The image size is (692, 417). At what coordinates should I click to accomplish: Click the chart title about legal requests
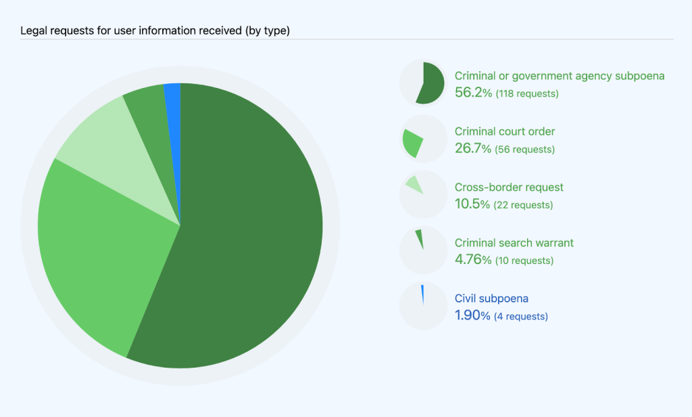coord(155,30)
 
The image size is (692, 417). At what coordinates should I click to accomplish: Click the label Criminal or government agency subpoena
coord(560,76)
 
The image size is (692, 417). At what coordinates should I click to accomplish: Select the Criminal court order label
coord(505,131)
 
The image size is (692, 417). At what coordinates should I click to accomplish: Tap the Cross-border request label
coord(509,187)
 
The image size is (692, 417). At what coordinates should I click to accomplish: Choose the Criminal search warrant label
coord(514,242)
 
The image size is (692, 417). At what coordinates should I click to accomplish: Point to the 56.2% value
coord(473,93)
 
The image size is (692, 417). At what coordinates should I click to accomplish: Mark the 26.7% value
coord(472,148)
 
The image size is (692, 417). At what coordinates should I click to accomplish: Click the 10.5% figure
coord(472,204)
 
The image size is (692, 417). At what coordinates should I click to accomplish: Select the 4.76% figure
coord(472,259)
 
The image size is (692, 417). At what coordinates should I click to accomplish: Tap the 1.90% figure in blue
coord(472,315)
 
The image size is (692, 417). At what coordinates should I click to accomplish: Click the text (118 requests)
coord(527,93)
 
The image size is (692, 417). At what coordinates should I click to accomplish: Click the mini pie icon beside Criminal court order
coord(422,139)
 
